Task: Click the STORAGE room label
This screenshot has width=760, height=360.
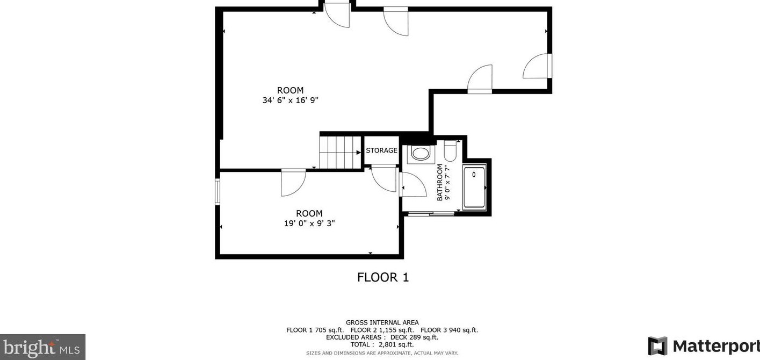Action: tap(381, 150)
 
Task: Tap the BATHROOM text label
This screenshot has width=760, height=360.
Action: tap(440, 183)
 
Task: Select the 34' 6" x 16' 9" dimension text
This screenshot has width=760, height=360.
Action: tap(291, 100)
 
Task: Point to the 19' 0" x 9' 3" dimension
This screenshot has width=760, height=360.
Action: tap(309, 224)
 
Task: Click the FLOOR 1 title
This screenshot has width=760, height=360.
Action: tap(383, 278)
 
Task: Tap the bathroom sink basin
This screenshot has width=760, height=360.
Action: tap(421, 153)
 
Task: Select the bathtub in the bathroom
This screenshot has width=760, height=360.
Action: tap(475, 187)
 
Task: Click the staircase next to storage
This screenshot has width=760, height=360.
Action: tap(341, 153)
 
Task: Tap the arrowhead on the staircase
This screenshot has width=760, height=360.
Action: tap(359, 153)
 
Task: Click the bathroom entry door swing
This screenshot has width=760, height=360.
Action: tap(412, 185)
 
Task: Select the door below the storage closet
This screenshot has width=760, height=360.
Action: tap(383, 179)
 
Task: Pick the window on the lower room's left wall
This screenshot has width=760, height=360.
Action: tap(218, 192)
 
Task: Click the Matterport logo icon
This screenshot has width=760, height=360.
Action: tap(657, 345)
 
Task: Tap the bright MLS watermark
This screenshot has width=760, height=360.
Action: tap(42, 347)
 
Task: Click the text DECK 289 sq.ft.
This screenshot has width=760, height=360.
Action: tap(414, 337)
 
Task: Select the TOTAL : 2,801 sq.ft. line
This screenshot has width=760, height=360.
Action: tap(382, 345)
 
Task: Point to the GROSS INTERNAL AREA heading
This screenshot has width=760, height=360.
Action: tap(382, 323)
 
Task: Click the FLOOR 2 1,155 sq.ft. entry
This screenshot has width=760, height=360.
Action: tap(382, 330)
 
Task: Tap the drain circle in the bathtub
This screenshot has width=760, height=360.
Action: tap(474, 175)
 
